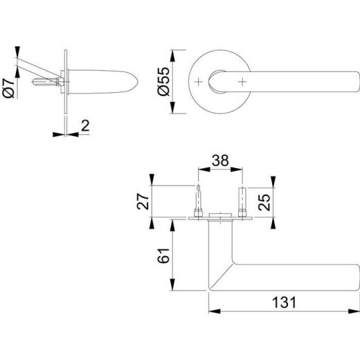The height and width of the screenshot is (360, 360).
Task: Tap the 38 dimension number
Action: click(x=220, y=161)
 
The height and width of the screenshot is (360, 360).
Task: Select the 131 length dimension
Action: click(x=283, y=303)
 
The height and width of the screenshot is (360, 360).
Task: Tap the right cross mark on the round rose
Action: click(x=243, y=82)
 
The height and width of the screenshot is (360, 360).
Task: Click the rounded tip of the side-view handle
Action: click(x=133, y=82)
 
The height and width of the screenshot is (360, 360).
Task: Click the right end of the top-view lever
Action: click(x=354, y=82)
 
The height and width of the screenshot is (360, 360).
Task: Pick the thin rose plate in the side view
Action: click(x=66, y=82)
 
